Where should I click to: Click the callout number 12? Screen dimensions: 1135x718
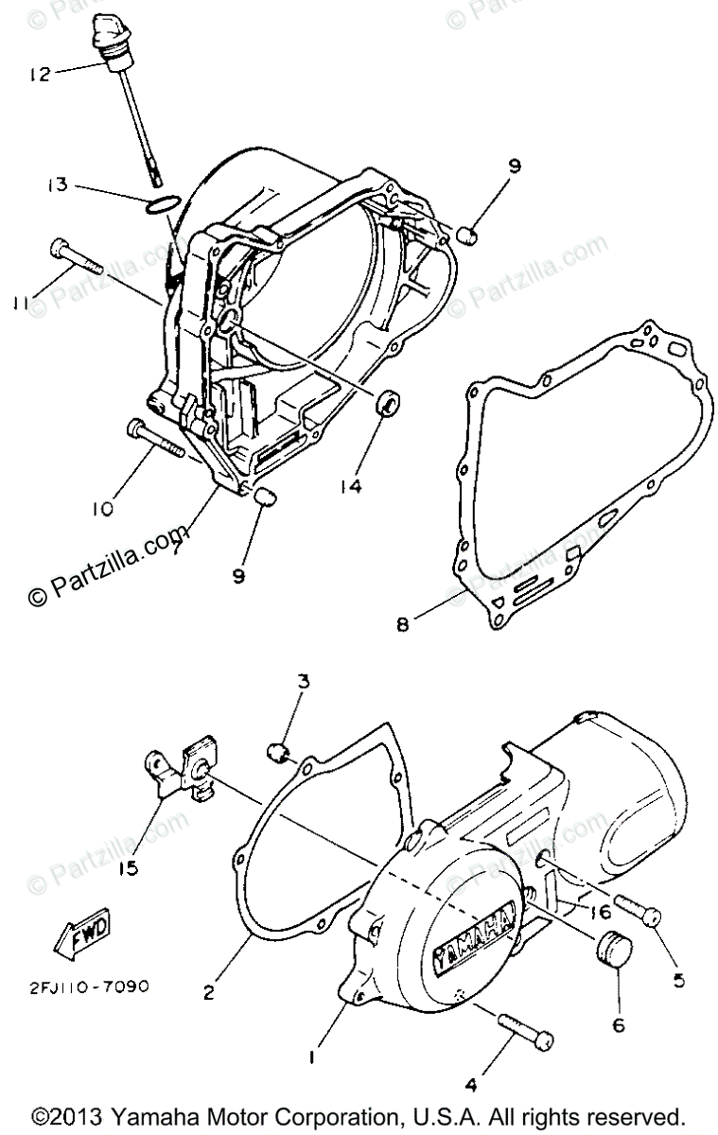(39, 73)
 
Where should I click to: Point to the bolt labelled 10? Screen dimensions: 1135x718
(153, 439)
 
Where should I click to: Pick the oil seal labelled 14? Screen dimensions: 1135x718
(389, 404)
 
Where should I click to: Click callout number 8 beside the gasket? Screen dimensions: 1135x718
(402, 625)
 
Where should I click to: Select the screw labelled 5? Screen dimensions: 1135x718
(641, 911)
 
